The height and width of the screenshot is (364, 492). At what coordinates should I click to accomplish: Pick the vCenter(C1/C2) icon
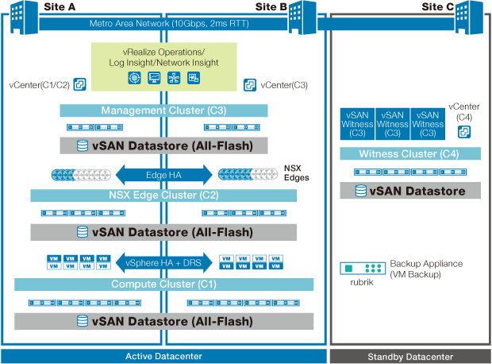pyautogui.click(x=79, y=83)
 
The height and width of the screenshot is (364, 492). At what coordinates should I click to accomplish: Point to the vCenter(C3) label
pyautogui.click(x=283, y=84)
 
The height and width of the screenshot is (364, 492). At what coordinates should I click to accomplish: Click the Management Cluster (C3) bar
pyautogui.click(x=163, y=110)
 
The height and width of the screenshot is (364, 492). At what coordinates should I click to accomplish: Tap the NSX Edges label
pyautogui.click(x=295, y=173)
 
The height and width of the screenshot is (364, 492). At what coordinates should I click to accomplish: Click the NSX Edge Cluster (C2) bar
pyautogui.click(x=163, y=195)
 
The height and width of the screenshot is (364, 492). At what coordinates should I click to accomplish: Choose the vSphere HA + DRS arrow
pyautogui.click(x=164, y=261)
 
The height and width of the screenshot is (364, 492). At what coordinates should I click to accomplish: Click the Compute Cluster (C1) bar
pyautogui.click(x=163, y=284)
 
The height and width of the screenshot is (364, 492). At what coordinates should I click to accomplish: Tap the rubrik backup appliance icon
pyautogui.click(x=363, y=269)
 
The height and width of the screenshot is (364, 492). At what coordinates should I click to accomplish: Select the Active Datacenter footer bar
pyautogui.click(x=163, y=355)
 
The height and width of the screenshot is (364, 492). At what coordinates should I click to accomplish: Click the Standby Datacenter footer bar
pyautogui.click(x=409, y=355)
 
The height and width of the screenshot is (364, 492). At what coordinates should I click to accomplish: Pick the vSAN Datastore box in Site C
pyautogui.click(x=409, y=191)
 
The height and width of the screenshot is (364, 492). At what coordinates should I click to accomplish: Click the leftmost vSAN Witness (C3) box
pyautogui.click(x=357, y=124)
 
